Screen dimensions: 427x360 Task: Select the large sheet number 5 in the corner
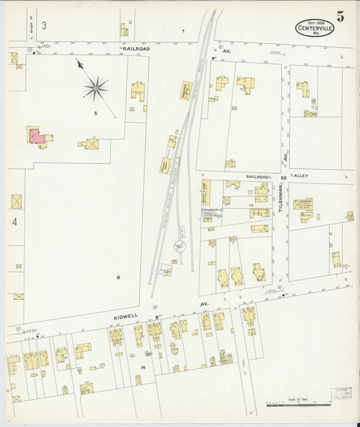340,17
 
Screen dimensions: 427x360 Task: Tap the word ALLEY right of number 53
301,176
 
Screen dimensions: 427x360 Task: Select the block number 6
118,277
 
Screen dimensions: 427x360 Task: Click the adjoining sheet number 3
44,26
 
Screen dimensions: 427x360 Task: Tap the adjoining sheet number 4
14,221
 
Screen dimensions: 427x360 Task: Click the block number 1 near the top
182,31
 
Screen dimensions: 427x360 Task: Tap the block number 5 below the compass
96,113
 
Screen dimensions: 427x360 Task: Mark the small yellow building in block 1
124,29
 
